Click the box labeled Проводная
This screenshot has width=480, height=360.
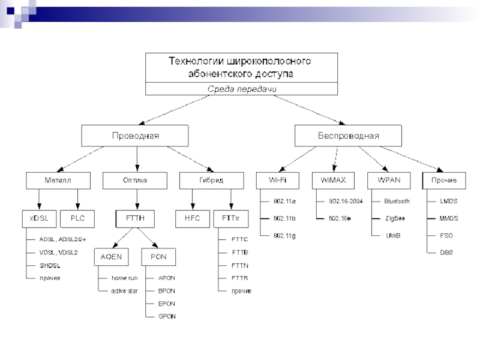pos(136,136)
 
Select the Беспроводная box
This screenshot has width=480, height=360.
pos(348,136)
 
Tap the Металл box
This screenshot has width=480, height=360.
pos(58,180)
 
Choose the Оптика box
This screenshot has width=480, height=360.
pos(135,180)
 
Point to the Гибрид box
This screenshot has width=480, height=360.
pos(212,180)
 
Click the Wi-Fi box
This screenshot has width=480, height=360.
pos(277,180)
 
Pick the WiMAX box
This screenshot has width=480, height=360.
pos(333,180)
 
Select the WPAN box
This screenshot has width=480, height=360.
pos(389,180)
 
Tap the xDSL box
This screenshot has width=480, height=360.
pos(39,218)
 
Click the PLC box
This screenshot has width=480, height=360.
pos(77,218)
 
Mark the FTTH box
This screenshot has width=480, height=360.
pos(134,218)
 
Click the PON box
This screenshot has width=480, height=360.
pos(158,257)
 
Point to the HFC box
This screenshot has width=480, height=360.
pos(192,218)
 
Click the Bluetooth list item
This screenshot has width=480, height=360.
pos(397,201)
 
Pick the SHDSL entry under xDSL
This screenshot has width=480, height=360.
pos(50,265)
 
